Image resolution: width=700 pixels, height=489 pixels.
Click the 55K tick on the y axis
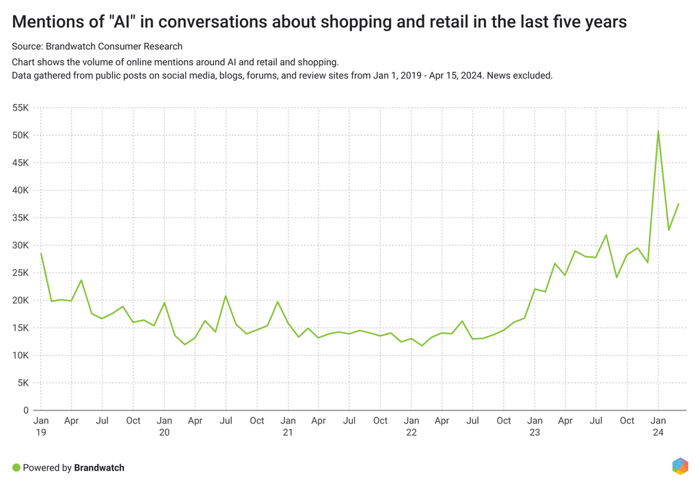19,108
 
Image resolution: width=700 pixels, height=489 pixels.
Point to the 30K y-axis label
19,245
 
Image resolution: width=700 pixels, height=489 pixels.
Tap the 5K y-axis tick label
22,382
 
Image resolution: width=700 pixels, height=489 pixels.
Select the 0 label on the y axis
25,410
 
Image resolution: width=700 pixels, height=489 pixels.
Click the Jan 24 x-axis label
658,426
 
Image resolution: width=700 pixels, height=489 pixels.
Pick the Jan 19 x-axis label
41,426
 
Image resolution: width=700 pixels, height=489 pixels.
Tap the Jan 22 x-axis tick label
411,426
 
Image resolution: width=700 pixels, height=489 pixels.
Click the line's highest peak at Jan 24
658,130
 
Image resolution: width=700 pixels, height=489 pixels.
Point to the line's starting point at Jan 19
41,253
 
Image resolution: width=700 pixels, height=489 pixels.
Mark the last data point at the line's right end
678,204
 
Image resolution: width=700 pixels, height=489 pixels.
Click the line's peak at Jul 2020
226,296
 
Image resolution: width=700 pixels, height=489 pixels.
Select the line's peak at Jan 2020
165,303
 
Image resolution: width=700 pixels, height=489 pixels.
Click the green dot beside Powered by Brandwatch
16,468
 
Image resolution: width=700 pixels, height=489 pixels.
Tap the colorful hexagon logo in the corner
680,466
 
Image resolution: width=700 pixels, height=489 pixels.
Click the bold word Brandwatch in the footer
99,468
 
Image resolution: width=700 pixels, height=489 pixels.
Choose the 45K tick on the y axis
19,163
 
